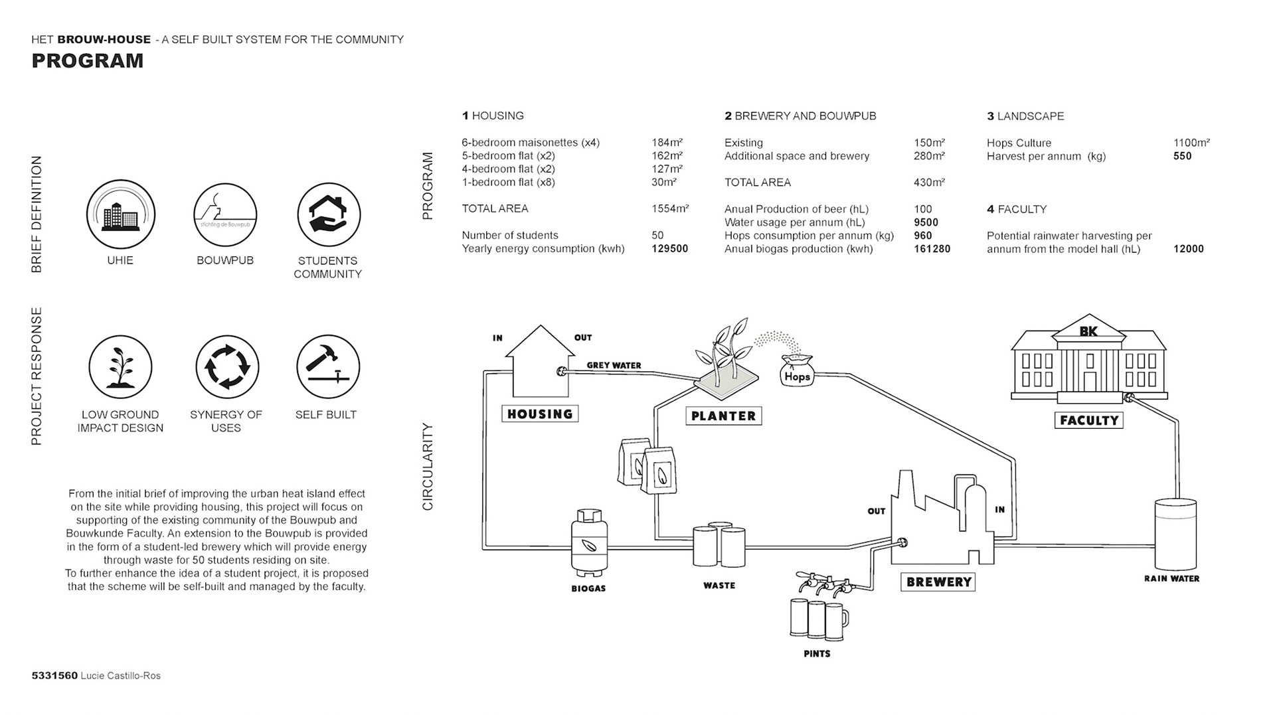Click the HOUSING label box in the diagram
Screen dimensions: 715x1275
(x=540, y=414)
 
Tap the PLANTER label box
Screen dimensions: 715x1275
(x=723, y=416)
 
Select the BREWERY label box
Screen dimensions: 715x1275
(x=938, y=582)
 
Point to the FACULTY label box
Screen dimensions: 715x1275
(x=1089, y=420)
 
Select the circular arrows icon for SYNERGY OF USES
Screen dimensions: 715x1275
(x=227, y=367)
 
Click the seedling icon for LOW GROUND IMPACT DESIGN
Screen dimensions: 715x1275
(x=120, y=367)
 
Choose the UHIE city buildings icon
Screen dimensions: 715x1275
(x=121, y=214)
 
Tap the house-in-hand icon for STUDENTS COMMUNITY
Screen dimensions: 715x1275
(x=329, y=214)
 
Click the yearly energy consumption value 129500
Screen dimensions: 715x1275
(x=669, y=249)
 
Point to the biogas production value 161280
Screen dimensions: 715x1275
(x=932, y=249)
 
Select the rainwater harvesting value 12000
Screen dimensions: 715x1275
(x=1188, y=249)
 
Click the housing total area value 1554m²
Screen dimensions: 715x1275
(x=670, y=208)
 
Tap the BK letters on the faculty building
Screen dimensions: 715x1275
(x=1088, y=331)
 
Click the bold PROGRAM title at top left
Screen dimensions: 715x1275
(x=88, y=61)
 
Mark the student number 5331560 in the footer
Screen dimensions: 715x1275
(x=54, y=676)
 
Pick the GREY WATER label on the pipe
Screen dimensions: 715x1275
(x=614, y=365)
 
